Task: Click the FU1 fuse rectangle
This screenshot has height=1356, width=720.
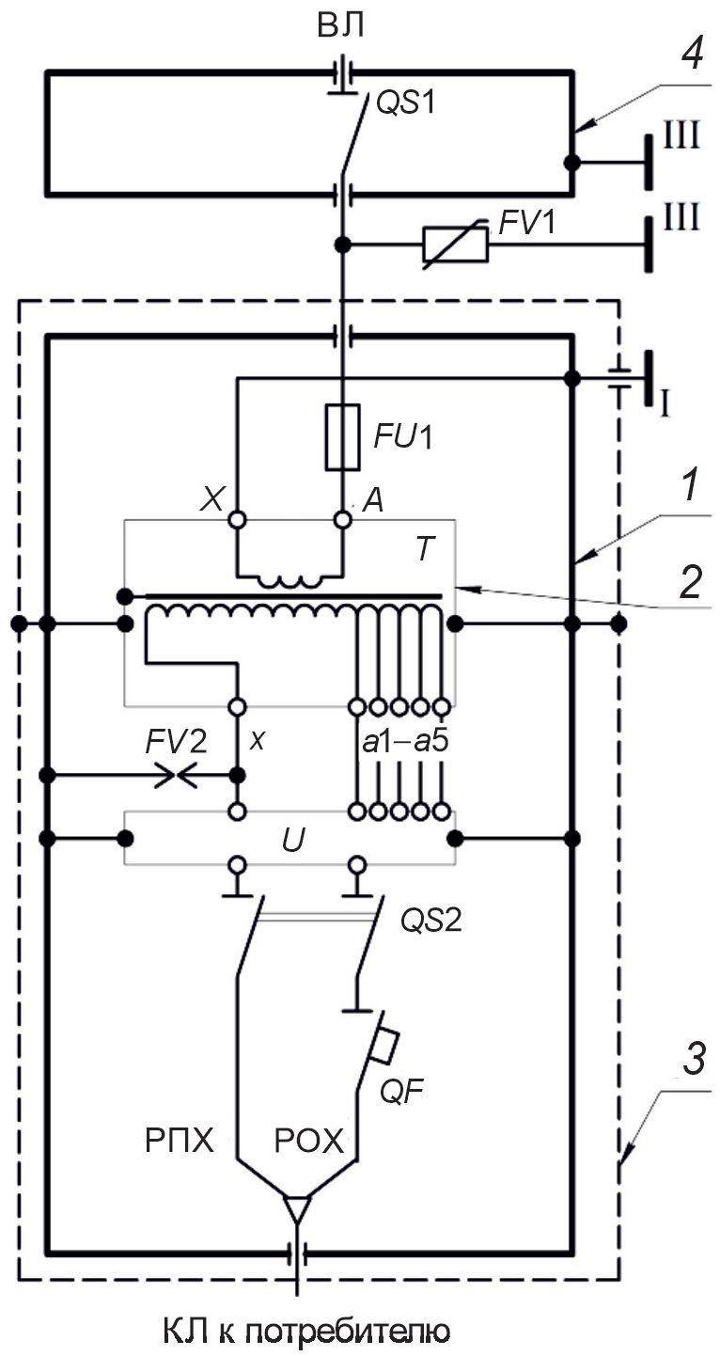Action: point(342,436)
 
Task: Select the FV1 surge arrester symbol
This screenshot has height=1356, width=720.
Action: point(455,244)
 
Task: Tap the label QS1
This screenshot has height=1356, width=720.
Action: point(406,104)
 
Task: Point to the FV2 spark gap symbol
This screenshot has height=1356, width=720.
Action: point(176,775)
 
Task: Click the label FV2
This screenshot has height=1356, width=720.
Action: point(176,742)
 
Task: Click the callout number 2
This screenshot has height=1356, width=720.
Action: point(690,582)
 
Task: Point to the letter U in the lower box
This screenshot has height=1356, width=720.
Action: point(293,841)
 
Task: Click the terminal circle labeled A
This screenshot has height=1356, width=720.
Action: point(343,519)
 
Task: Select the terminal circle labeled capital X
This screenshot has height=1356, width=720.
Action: point(237,519)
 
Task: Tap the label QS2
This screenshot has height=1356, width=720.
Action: point(430,922)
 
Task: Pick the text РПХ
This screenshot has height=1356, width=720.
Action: point(180,1141)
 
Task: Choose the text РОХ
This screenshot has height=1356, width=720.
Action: point(308,1141)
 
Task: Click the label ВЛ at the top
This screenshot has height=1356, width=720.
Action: point(340,26)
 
